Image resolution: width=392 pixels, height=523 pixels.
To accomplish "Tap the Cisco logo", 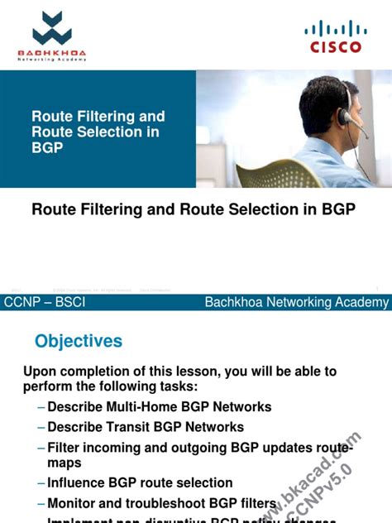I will tap(335, 37).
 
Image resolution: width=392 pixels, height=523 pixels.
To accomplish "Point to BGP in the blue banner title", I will tap(47, 147).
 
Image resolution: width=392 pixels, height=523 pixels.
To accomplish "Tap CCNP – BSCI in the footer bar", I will tap(45, 303).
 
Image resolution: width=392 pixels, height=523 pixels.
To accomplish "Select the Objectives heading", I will tap(79, 341).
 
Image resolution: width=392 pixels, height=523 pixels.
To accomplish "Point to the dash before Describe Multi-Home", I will tap(41, 407).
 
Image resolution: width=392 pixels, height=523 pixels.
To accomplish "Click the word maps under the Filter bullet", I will tap(65, 463).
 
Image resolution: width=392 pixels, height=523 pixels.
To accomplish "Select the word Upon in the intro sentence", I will tap(41, 371).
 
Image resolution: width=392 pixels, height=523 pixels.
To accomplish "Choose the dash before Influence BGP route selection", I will tap(41, 483).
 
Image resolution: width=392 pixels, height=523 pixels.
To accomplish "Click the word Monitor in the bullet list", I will tap(74, 502).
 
